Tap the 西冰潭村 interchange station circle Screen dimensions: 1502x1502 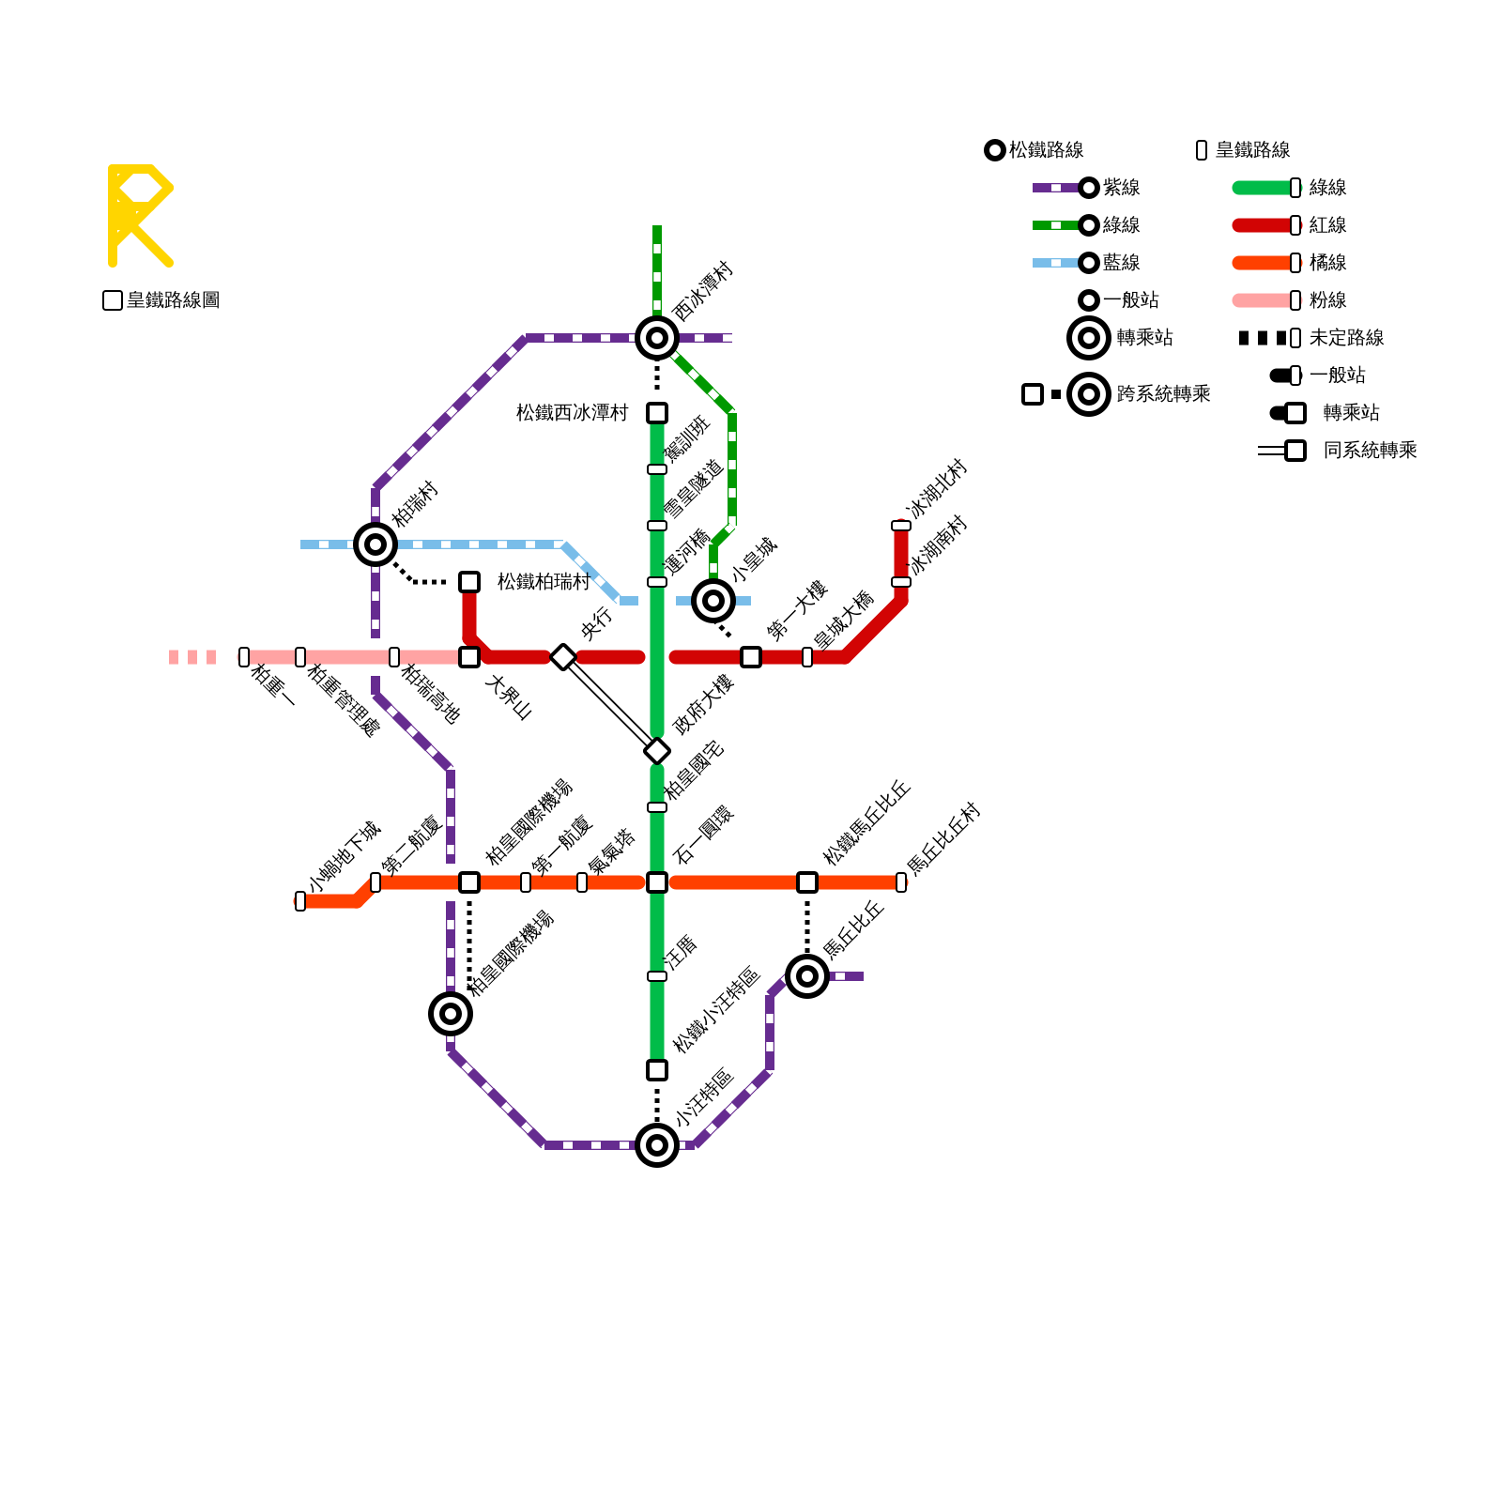(657, 338)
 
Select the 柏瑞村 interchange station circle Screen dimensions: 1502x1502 (375, 544)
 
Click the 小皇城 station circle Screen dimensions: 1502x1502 (713, 601)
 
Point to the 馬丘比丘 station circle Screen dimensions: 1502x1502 (807, 976)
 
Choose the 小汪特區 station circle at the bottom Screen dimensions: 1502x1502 (657, 1145)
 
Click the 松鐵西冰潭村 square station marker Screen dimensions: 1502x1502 (657, 413)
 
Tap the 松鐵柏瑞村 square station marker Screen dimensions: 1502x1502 (469, 582)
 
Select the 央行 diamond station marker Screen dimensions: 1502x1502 (563, 657)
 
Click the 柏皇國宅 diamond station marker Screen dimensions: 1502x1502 (657, 751)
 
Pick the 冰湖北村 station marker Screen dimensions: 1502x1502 (901, 526)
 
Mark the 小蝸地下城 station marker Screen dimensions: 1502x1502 (300, 901)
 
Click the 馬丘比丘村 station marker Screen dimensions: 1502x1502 (901, 882)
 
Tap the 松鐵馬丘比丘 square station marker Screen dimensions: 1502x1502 (807, 882)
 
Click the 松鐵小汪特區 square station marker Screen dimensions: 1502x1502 (657, 1070)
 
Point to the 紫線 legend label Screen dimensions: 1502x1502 (1122, 188)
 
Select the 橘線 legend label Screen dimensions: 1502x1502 (1328, 263)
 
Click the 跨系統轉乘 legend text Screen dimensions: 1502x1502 (1163, 394)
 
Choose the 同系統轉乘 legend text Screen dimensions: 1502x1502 (1370, 451)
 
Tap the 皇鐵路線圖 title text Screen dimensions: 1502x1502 (174, 300)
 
